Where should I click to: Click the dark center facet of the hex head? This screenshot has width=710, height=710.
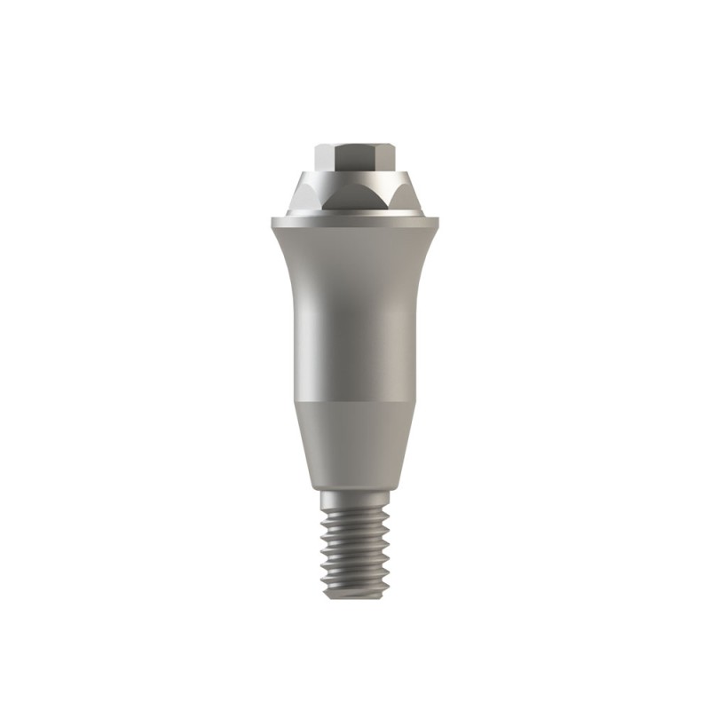[356, 157]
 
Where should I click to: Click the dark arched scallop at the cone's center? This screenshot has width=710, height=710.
[356, 199]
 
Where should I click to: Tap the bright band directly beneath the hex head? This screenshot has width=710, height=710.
[356, 175]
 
